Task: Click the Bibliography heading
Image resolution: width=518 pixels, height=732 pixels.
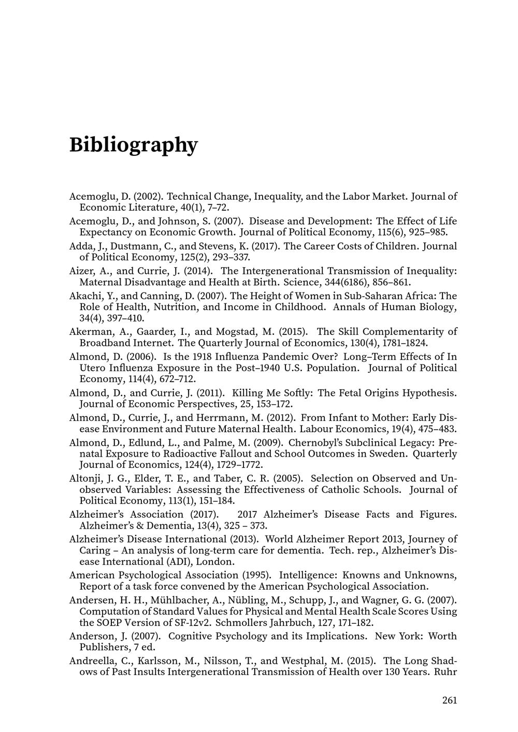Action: tap(133, 144)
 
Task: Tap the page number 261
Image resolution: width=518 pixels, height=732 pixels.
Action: tap(450, 700)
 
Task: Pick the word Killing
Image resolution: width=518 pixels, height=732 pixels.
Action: tap(251, 393)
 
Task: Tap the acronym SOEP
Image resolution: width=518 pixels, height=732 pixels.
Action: tap(113, 623)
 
